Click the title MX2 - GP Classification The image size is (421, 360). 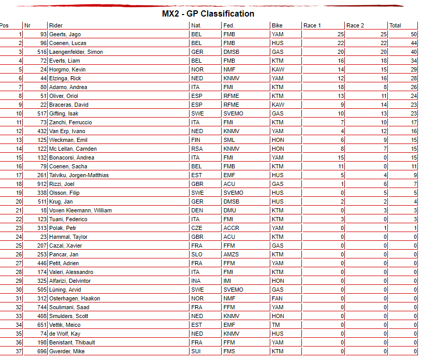(x=208, y=14)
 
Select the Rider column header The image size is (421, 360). (x=55, y=25)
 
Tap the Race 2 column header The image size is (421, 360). (x=355, y=25)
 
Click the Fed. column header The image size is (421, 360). (x=228, y=25)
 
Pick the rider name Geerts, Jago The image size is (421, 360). (x=65, y=34)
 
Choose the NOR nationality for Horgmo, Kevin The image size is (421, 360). (x=197, y=69)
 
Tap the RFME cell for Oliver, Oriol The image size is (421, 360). (x=231, y=96)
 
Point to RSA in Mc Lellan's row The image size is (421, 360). (x=197, y=149)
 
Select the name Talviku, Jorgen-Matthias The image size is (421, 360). (x=79, y=175)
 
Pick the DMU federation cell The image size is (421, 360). (x=229, y=210)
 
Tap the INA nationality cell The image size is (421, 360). (x=196, y=281)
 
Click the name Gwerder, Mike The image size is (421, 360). (x=66, y=351)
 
